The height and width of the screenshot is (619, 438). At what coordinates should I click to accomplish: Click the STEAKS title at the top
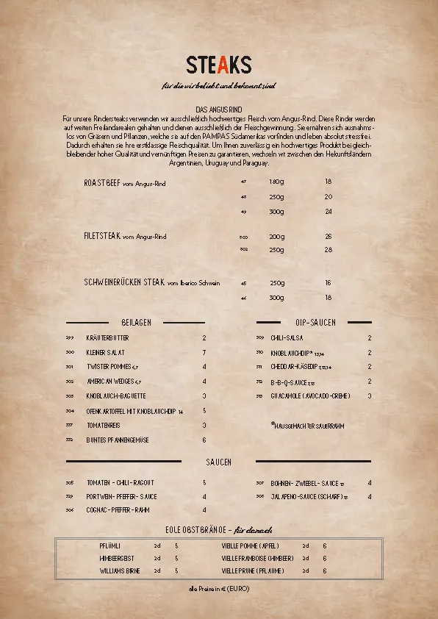(219, 65)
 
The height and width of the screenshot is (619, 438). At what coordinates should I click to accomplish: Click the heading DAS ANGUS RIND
(219, 109)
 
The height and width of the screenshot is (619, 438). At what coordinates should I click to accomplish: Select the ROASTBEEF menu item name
(103, 182)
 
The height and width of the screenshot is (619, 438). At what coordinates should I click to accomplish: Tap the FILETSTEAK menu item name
(102, 237)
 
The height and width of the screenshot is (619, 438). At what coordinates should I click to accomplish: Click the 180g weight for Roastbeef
(276, 182)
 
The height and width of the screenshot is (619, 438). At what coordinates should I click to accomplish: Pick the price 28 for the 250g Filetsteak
(328, 250)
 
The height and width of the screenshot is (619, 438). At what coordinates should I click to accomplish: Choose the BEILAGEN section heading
(136, 323)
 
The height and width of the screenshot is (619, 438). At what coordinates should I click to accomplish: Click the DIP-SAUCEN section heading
(315, 323)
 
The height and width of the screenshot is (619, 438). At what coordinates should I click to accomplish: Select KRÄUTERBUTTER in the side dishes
(107, 338)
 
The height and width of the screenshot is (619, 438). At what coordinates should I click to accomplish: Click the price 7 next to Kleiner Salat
(204, 353)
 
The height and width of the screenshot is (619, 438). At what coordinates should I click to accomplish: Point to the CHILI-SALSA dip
(286, 338)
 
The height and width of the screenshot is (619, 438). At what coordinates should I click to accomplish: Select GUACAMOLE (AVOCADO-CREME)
(308, 396)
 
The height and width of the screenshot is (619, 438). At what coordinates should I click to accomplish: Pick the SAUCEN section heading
(218, 462)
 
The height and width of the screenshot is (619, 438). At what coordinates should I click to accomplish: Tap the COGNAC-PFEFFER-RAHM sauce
(118, 510)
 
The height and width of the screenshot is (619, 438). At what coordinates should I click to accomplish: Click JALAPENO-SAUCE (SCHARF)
(306, 497)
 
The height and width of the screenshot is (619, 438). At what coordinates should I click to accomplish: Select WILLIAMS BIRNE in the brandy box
(119, 570)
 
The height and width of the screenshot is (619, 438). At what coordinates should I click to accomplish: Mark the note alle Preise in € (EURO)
(219, 590)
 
